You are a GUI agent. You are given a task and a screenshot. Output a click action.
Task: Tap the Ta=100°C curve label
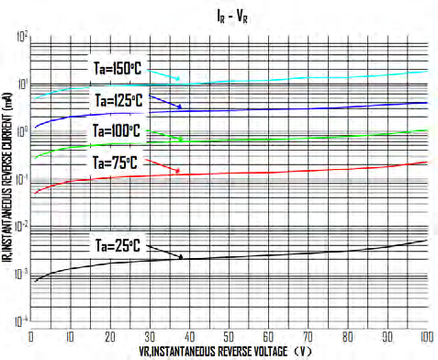click(117, 131)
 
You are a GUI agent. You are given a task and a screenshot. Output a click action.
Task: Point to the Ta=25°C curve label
click(117, 245)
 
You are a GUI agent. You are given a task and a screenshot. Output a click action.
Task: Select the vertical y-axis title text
click(7, 180)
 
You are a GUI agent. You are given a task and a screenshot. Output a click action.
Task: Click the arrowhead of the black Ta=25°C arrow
click(183, 258)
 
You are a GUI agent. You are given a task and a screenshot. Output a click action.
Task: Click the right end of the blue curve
click(427, 103)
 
